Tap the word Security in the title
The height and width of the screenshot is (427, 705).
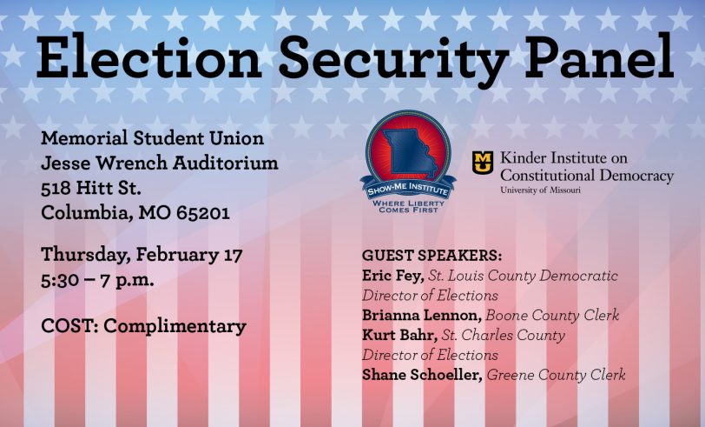click(x=394, y=61)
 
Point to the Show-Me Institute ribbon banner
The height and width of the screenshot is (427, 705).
click(x=408, y=190)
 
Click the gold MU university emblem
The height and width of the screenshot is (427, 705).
click(x=483, y=163)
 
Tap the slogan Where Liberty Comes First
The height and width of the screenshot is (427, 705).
click(x=408, y=206)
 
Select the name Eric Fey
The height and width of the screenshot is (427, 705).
click(x=393, y=276)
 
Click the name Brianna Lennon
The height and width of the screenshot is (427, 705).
click(x=422, y=315)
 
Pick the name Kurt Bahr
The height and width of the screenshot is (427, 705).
click(x=399, y=335)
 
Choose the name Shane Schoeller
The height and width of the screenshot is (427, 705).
click(x=422, y=375)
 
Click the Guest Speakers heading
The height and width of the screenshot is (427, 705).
click(x=432, y=256)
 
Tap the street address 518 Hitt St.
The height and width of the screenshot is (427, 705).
click(x=91, y=188)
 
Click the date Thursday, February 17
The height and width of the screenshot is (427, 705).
click(x=142, y=255)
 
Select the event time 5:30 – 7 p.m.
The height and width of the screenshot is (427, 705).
click(x=97, y=281)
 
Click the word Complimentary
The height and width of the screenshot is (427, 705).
click(x=175, y=327)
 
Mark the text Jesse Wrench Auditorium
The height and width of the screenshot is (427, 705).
click(x=160, y=163)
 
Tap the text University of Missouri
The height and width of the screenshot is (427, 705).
click(x=540, y=190)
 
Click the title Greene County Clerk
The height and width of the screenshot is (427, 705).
click(x=557, y=375)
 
